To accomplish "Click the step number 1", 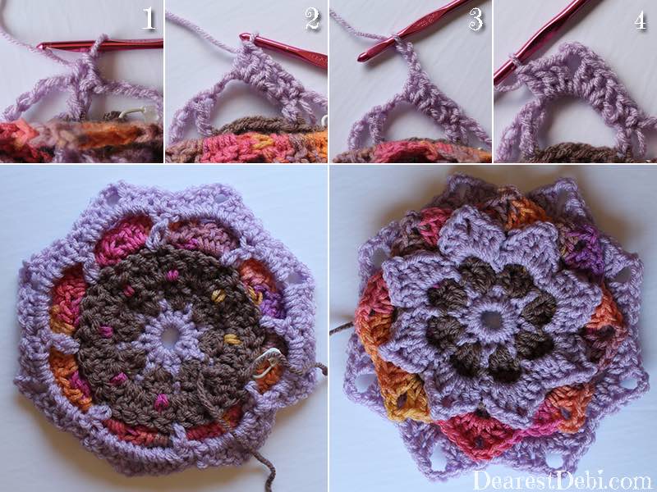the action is (x=149, y=19).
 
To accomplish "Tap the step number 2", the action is (x=312, y=19).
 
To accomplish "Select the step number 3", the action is (x=476, y=19).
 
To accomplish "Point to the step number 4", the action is (x=641, y=20).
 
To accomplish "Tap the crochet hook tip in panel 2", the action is (x=244, y=37).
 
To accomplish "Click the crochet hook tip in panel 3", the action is (x=362, y=58).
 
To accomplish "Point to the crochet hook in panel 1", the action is (x=99, y=44).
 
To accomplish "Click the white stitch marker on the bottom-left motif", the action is (x=266, y=362).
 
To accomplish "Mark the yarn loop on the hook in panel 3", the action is (x=396, y=39).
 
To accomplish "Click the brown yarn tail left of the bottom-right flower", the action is (x=342, y=329).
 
